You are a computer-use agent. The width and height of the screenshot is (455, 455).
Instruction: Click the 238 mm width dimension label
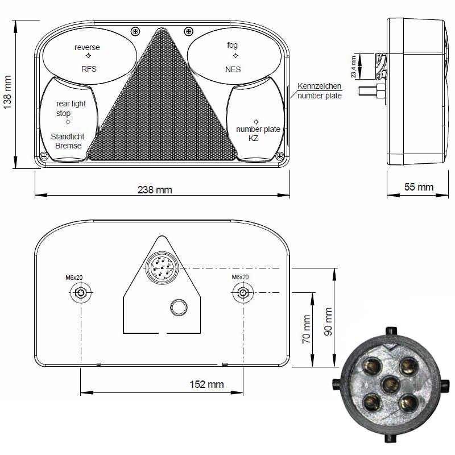coord(155,190)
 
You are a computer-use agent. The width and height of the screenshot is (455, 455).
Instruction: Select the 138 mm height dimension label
coord(7,93)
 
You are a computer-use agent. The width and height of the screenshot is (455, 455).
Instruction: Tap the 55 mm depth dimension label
coord(419,187)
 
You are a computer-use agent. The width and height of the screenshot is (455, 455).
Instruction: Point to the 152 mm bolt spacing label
coord(206,384)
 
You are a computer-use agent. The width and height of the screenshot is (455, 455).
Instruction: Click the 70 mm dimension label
coord(307,329)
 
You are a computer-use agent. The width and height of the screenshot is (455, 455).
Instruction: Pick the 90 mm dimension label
coord(328,322)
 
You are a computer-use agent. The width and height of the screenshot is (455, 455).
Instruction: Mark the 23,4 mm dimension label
coord(353,67)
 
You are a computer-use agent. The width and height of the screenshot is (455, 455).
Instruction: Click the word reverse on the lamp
coord(87,47)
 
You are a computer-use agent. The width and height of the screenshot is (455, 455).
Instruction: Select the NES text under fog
coord(233,69)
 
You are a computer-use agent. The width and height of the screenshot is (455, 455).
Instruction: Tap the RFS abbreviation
coord(89,69)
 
